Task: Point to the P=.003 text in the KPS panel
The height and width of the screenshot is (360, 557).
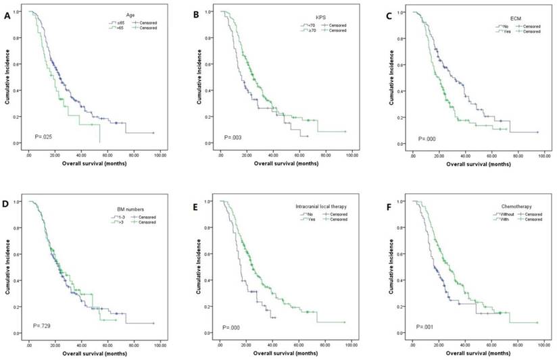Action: pyautogui.click(x=235, y=138)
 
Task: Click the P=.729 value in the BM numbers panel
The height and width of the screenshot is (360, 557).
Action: pyautogui.click(x=45, y=326)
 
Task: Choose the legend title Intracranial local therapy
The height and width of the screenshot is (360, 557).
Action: pyautogui.click(x=320, y=210)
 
